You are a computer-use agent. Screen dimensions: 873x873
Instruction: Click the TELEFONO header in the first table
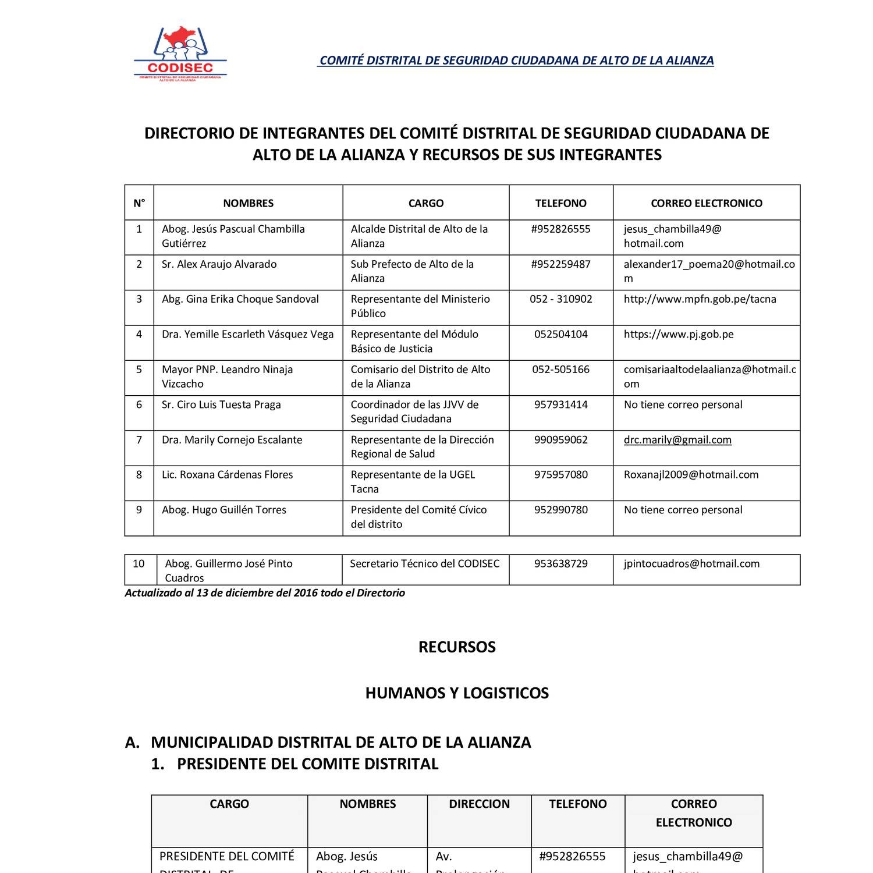(x=560, y=203)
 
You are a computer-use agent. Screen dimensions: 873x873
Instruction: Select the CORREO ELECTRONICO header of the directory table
(x=706, y=203)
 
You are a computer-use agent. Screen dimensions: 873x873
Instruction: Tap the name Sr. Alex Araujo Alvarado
(x=219, y=264)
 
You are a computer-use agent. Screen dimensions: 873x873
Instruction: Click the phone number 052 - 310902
(x=560, y=299)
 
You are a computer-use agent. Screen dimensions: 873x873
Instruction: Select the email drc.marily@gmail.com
(x=677, y=440)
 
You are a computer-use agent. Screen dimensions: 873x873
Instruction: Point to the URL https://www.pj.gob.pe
(x=678, y=335)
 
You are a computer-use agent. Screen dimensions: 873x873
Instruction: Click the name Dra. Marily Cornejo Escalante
(x=232, y=440)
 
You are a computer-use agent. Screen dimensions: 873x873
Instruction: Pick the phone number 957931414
(x=560, y=405)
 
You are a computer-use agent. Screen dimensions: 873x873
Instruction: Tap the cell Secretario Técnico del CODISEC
(x=424, y=564)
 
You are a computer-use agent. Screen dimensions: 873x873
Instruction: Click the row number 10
(x=139, y=564)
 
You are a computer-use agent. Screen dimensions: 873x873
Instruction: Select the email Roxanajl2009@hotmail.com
(x=691, y=475)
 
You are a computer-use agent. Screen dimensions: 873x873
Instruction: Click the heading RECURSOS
(x=457, y=647)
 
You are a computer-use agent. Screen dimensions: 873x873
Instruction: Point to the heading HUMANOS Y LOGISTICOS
(x=457, y=693)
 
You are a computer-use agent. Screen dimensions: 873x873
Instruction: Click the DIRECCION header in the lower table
(x=479, y=804)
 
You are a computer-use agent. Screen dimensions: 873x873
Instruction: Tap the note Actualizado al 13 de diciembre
(x=265, y=593)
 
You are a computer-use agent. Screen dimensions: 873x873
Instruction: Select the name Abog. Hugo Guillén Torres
(x=224, y=510)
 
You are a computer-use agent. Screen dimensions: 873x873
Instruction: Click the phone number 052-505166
(x=560, y=370)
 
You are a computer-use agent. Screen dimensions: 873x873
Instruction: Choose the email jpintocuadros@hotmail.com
(x=691, y=564)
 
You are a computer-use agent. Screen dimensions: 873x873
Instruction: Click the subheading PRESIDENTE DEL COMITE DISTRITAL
(x=307, y=764)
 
